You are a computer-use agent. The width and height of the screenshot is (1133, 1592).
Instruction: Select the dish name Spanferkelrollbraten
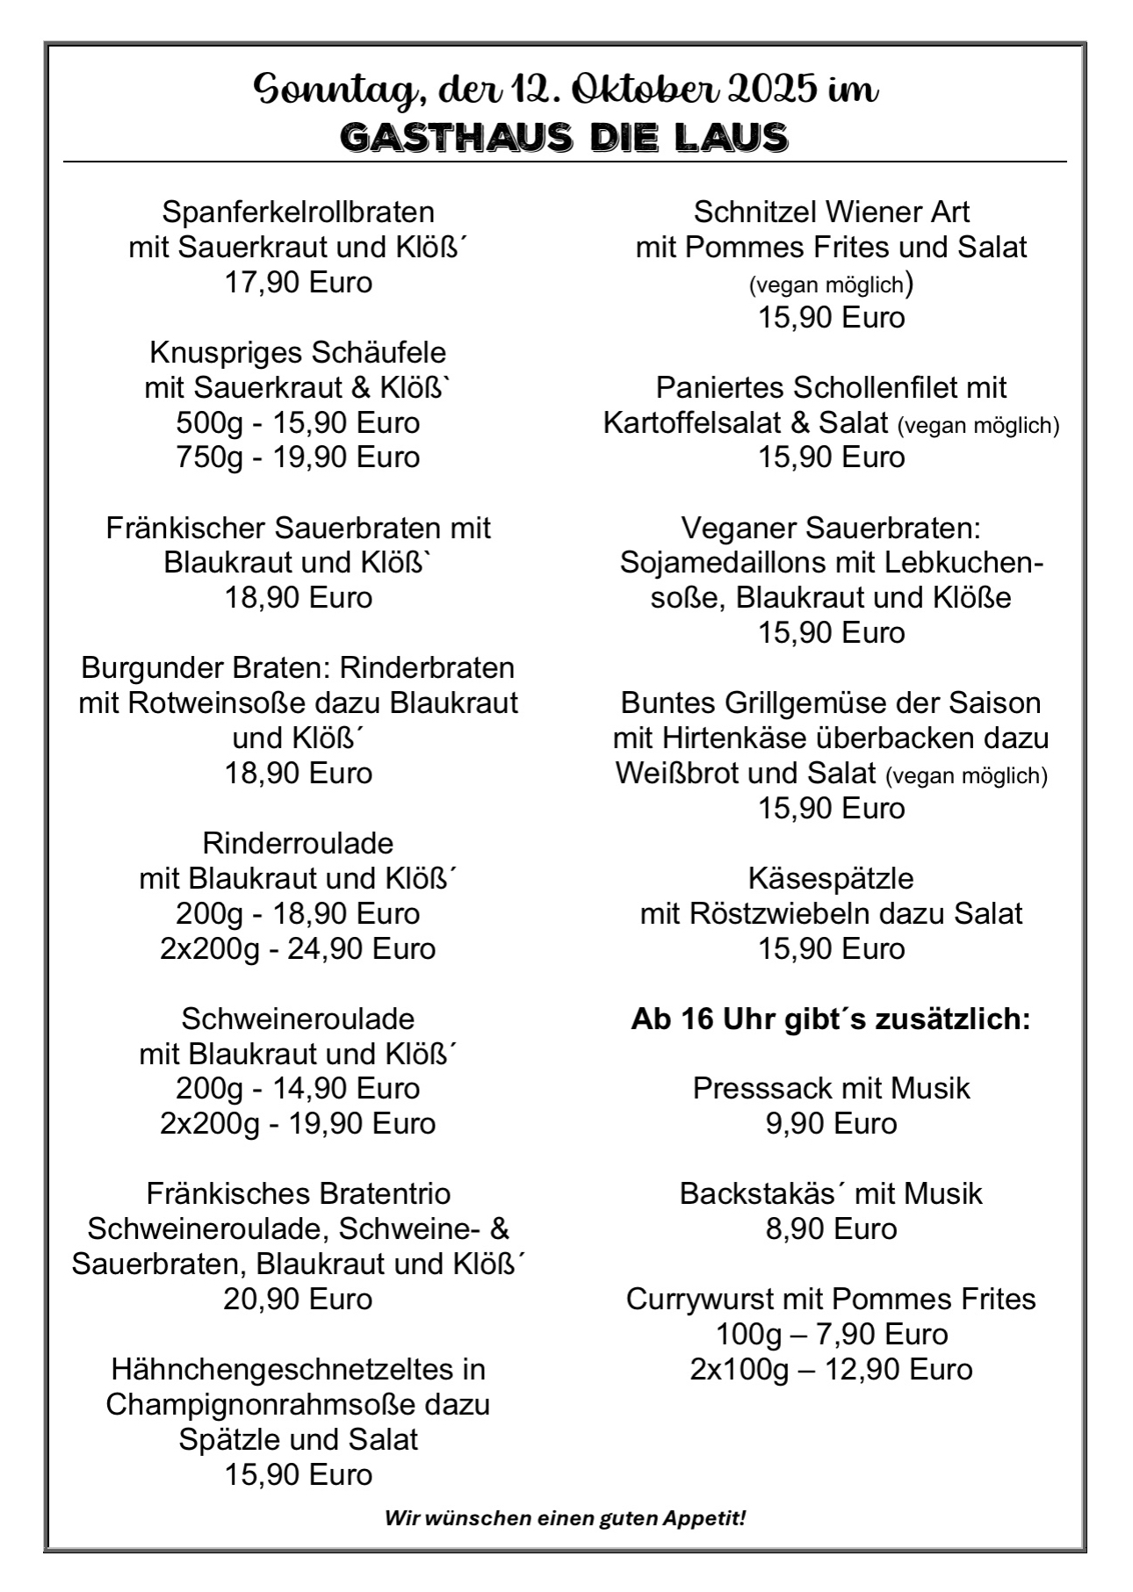(x=298, y=213)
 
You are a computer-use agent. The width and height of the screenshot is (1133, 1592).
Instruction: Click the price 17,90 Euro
(x=298, y=282)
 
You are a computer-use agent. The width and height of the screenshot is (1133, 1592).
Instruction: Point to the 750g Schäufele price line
(x=298, y=457)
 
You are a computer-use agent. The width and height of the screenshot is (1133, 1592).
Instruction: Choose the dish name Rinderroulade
(x=298, y=844)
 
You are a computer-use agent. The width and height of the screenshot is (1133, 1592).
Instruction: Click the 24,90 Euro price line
(x=298, y=949)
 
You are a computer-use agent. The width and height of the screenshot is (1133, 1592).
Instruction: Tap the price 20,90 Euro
(x=298, y=1299)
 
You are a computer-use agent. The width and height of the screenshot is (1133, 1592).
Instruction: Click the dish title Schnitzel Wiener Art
(x=831, y=213)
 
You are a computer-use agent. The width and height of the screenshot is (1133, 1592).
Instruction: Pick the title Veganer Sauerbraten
(x=831, y=529)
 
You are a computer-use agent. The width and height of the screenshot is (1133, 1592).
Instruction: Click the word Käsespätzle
(x=831, y=879)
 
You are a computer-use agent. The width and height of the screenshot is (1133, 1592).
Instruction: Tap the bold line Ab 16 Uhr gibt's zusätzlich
(x=831, y=1019)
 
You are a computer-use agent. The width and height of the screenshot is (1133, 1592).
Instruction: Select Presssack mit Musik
(x=831, y=1089)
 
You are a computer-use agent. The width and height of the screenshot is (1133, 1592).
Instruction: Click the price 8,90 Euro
(x=831, y=1228)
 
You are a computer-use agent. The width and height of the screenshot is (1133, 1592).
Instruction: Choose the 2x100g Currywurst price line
(x=831, y=1369)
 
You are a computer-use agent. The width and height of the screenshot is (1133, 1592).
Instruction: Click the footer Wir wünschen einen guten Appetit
(x=565, y=1517)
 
